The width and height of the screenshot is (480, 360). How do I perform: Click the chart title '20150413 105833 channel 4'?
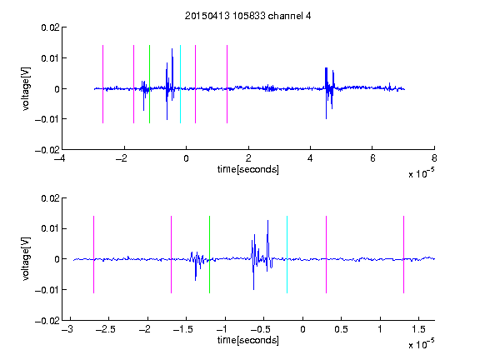pos(247,16)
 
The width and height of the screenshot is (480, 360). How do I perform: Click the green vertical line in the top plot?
pos(149,84)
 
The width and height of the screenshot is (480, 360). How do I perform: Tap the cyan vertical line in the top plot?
pos(180,84)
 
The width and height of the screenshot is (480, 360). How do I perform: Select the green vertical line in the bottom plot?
pos(209,255)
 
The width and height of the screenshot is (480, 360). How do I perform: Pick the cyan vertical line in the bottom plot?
pos(287,255)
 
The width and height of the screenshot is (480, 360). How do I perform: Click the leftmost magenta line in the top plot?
pos(102,84)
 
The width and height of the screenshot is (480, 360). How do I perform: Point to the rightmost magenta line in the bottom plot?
pos(403,255)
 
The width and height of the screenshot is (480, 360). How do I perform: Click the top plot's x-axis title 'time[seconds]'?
pos(248,169)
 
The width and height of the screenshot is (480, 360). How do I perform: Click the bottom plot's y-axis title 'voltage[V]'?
pos(26,258)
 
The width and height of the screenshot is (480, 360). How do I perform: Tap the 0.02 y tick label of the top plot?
pos(50,27)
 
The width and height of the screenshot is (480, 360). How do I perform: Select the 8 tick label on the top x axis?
pos(434,158)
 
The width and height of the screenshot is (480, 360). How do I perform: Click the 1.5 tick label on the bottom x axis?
pos(418,329)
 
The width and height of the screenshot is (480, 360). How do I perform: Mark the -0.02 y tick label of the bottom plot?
pos(47,321)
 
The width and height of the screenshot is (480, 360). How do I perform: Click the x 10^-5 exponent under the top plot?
pos(421,173)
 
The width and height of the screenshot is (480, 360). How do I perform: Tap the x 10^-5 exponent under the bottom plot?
pos(421,344)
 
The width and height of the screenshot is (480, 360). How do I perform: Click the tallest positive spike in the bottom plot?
pos(267,220)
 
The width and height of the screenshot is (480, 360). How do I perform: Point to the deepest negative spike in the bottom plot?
pos(253,289)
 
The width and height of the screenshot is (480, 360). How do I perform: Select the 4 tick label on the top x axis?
pos(310,158)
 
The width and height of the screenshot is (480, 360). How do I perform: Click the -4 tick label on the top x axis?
pos(60,158)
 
